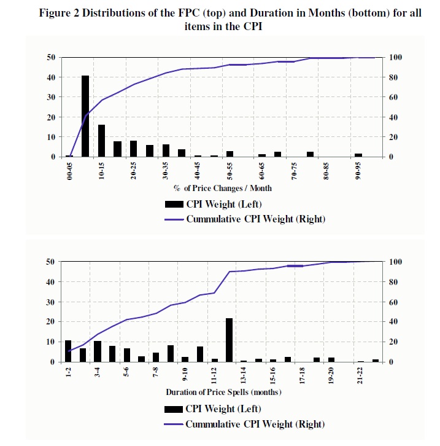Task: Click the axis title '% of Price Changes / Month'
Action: (x=222, y=188)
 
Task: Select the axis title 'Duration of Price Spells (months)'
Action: (x=223, y=392)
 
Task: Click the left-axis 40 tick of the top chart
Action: (x=51, y=77)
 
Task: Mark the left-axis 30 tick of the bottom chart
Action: (x=51, y=302)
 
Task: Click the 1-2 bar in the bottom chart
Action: (x=68, y=351)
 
